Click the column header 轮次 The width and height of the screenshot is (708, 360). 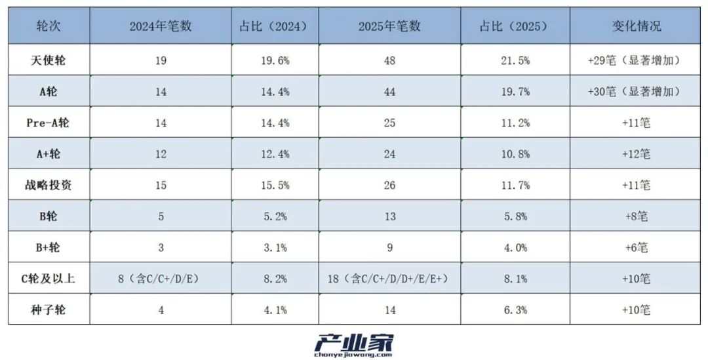[x=49, y=26]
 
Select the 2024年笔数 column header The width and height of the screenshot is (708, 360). [x=161, y=26]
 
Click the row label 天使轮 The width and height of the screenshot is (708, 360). [x=49, y=60]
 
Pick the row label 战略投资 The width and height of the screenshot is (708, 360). [x=49, y=186]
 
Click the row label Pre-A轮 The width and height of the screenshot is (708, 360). [x=49, y=123]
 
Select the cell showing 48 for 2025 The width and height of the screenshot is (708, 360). [x=390, y=60]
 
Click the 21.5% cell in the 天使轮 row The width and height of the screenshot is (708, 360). [x=514, y=60]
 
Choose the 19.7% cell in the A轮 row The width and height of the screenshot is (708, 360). [x=514, y=92]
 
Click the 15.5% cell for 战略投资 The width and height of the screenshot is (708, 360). [x=273, y=186]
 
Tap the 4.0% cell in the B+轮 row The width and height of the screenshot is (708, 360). [x=514, y=248]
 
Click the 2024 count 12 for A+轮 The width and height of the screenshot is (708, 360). [x=161, y=154]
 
